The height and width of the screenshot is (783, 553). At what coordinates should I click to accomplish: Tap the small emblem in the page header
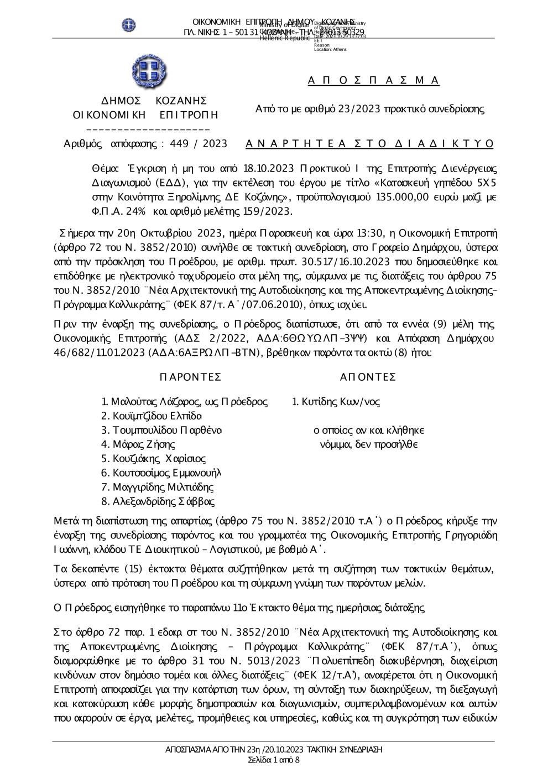click(x=129, y=25)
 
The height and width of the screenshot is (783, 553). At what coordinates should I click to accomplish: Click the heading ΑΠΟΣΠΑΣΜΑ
click(x=373, y=81)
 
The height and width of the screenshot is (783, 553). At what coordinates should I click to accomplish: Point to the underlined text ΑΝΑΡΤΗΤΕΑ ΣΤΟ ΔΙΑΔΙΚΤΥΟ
click(x=369, y=144)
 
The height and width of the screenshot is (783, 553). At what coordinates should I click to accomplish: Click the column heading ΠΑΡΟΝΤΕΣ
click(x=190, y=377)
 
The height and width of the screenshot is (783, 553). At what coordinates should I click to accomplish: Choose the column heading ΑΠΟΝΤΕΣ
click(x=368, y=377)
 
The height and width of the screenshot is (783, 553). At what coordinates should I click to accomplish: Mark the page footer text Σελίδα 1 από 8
click(x=274, y=760)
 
